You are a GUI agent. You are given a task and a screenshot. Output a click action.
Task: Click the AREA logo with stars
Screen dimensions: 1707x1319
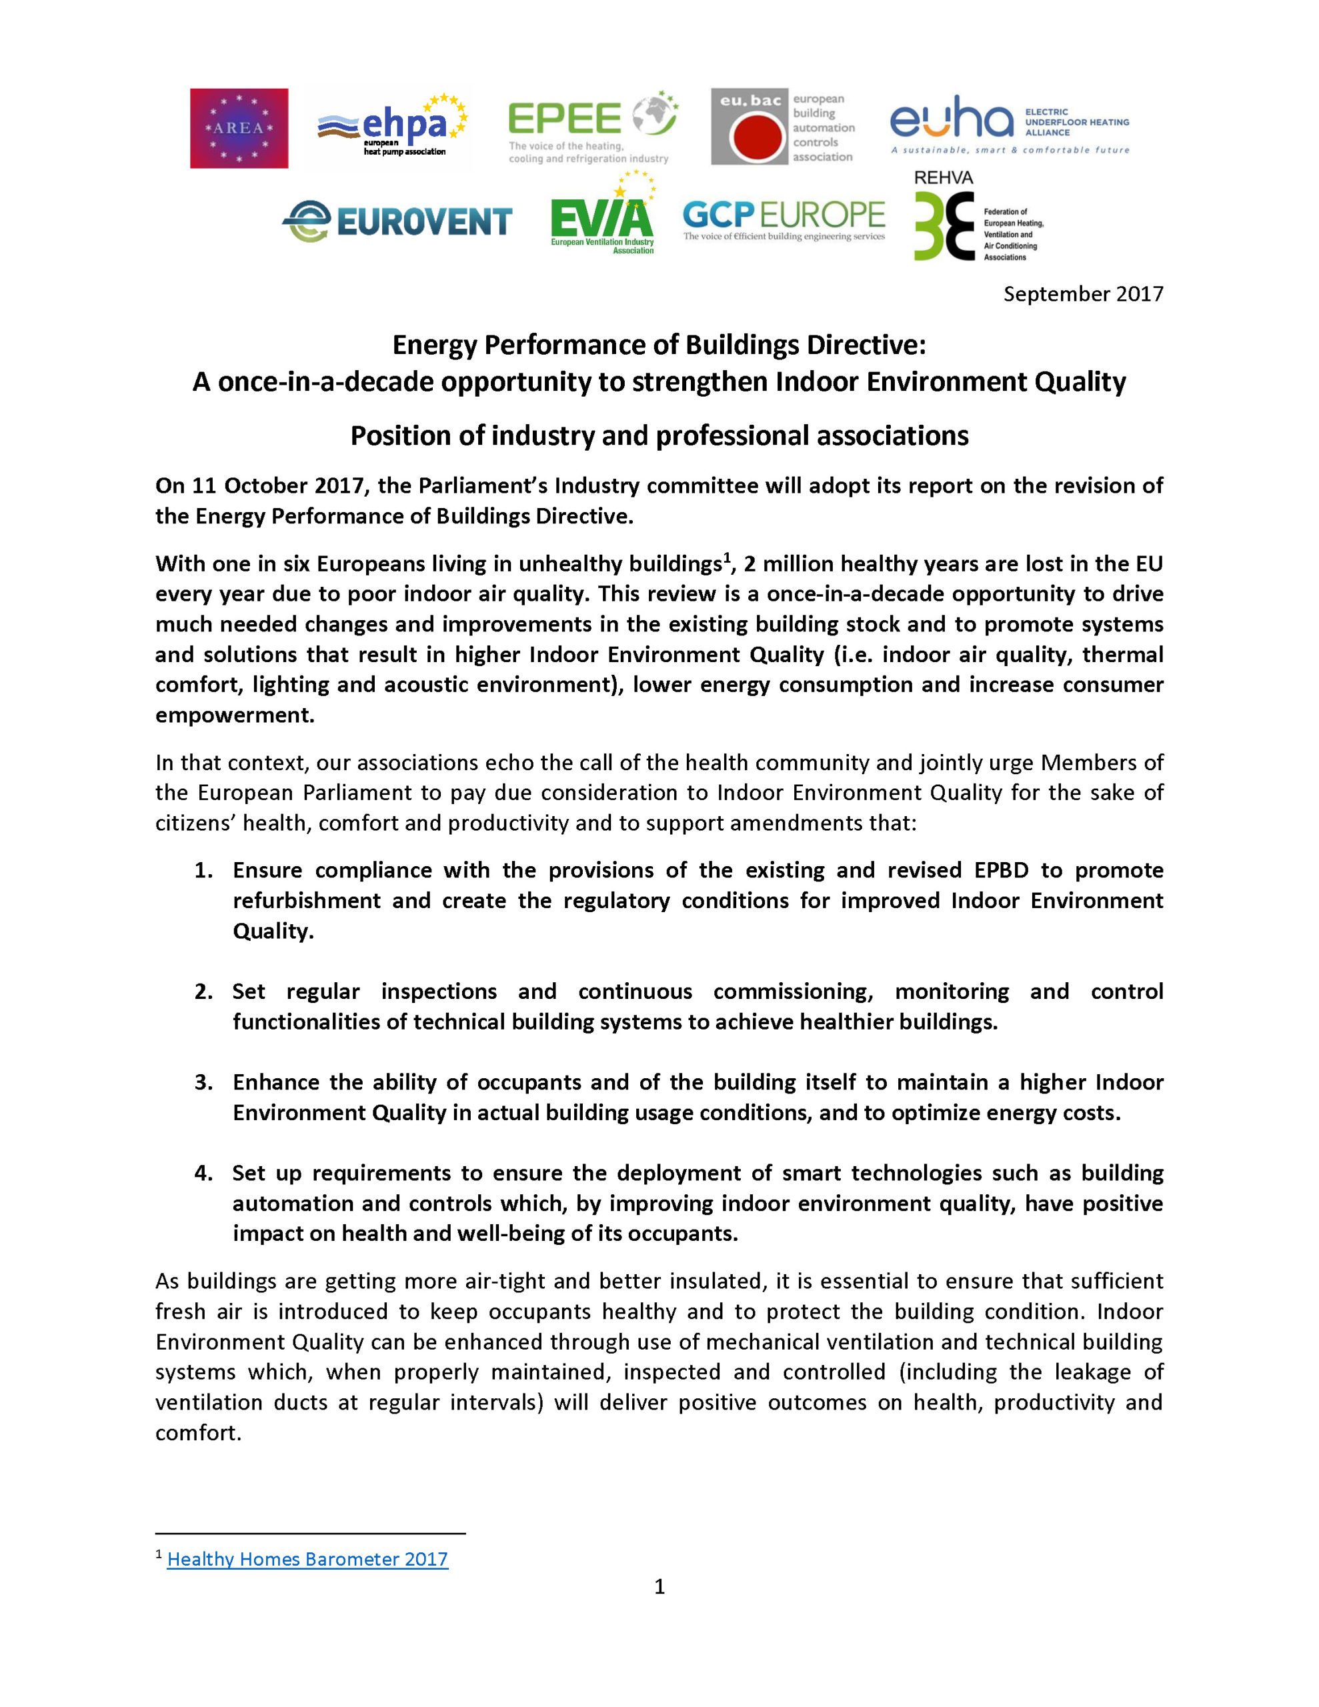tap(239, 128)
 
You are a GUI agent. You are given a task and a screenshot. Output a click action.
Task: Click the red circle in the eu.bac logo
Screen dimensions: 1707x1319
tap(756, 137)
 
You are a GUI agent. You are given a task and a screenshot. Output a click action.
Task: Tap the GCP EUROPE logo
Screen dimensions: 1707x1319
tap(784, 218)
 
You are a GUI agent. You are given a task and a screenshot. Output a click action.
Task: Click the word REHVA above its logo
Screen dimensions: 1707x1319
tap(943, 178)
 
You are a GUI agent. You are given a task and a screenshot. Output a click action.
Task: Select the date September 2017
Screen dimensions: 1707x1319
tap(1083, 294)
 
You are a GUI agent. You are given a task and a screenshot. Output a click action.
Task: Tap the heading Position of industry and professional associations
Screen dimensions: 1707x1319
tap(659, 435)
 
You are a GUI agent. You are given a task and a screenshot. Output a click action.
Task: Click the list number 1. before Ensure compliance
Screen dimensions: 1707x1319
tap(203, 871)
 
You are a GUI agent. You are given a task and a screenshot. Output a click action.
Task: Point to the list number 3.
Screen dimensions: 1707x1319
tap(203, 1082)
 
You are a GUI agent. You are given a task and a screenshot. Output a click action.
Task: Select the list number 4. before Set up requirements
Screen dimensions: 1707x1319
tap(203, 1173)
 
